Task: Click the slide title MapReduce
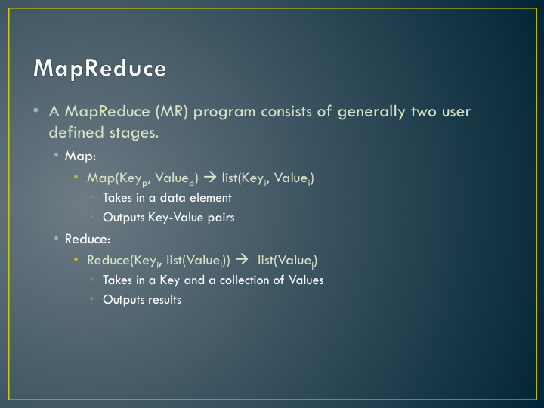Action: click(100, 68)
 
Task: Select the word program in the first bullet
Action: click(224, 113)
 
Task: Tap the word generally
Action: click(371, 113)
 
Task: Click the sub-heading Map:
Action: click(80, 156)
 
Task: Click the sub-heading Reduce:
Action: click(88, 239)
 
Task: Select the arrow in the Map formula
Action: click(210, 178)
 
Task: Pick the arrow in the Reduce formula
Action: click(242, 259)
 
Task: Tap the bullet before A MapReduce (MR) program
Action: click(36, 110)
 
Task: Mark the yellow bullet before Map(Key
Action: click(76, 178)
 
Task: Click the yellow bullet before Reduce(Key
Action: click(76, 259)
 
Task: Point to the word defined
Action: click(76, 132)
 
